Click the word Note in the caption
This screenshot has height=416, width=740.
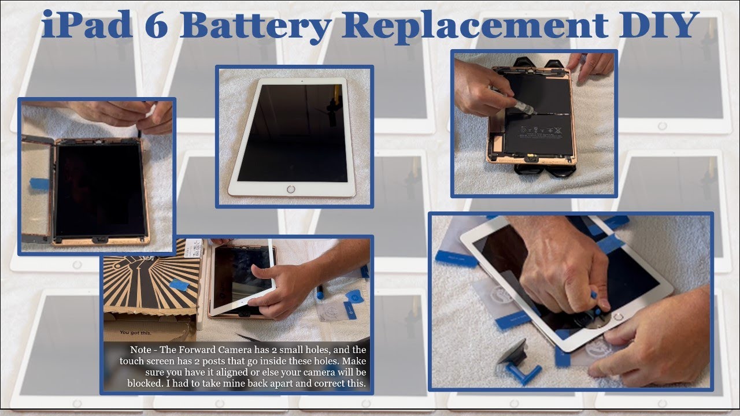coord(142,350)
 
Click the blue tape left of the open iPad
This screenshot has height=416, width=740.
coord(38,184)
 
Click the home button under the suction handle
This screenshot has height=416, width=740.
coord(619,317)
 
